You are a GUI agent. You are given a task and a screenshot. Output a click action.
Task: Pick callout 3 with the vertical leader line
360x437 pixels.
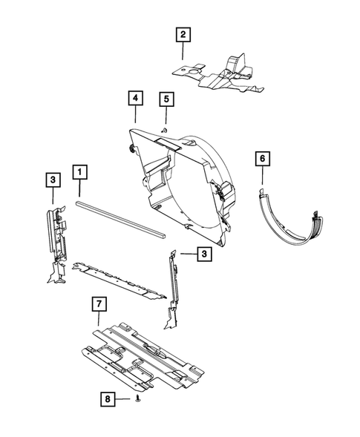[53, 179]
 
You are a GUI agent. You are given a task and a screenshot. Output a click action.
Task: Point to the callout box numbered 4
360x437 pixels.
[135, 98]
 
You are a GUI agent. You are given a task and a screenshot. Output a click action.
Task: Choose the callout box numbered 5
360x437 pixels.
[166, 98]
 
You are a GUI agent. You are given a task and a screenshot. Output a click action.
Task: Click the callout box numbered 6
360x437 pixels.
[262, 158]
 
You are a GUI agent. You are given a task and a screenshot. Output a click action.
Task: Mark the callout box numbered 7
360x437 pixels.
[97, 303]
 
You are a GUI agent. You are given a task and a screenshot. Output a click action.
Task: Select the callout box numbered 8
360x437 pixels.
[108, 399]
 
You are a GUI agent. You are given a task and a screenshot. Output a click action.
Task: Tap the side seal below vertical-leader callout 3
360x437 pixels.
[57, 237]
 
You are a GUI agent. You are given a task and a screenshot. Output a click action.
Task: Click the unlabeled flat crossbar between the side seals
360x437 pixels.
[119, 277]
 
